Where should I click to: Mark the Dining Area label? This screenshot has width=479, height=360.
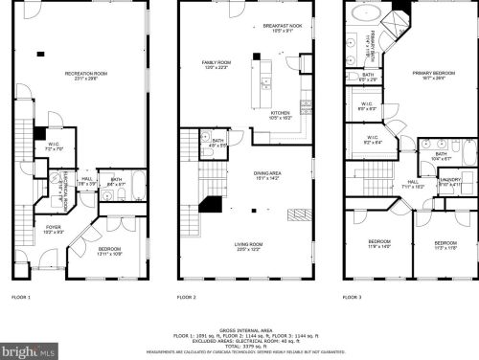click(x=265, y=174)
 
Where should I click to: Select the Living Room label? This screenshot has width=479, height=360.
click(x=249, y=246)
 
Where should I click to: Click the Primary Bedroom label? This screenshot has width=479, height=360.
click(x=432, y=77)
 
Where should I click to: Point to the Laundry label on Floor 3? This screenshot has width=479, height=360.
click(x=450, y=179)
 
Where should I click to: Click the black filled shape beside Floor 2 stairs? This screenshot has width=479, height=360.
click(x=210, y=204)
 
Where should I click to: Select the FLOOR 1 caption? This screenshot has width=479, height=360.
click(x=21, y=298)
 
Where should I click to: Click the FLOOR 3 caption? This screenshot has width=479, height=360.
click(x=354, y=298)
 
